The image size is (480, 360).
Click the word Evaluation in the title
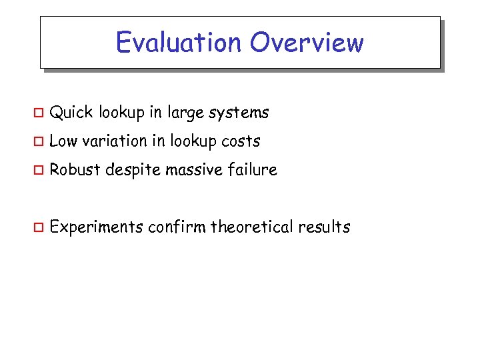point(179,43)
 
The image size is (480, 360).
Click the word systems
point(239,113)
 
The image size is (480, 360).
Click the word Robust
point(74,170)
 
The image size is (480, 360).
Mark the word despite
point(132,171)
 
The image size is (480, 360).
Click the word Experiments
point(97,227)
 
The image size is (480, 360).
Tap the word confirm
point(177,227)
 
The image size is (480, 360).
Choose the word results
point(324,227)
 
